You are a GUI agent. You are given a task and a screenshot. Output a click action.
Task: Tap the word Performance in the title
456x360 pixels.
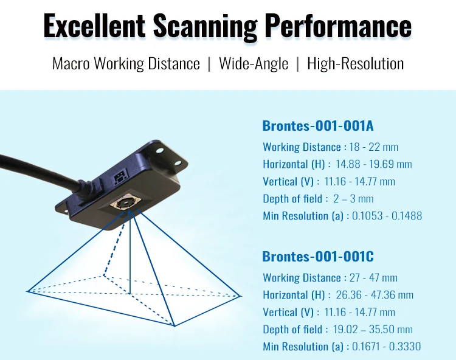337,26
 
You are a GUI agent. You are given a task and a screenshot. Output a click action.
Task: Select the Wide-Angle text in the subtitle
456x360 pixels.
254,63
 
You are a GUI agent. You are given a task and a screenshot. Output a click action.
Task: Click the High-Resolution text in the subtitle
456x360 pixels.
355,63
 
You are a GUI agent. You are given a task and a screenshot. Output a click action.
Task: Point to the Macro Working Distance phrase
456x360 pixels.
126,63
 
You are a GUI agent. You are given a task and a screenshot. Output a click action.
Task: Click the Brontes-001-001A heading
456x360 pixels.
317,126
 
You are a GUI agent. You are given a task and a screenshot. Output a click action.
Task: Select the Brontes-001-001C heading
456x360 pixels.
317,256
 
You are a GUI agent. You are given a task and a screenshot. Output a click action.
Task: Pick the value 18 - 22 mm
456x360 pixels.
373,147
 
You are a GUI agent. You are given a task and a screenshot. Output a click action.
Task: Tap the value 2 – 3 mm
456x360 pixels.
353,199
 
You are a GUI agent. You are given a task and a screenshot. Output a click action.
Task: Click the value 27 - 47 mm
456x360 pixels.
373,278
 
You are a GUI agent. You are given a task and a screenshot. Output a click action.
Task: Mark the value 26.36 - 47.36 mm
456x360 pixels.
375,295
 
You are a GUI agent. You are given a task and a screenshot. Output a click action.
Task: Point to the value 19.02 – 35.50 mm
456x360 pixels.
373,330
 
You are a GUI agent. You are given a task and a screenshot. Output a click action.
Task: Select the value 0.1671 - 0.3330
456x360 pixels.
387,347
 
